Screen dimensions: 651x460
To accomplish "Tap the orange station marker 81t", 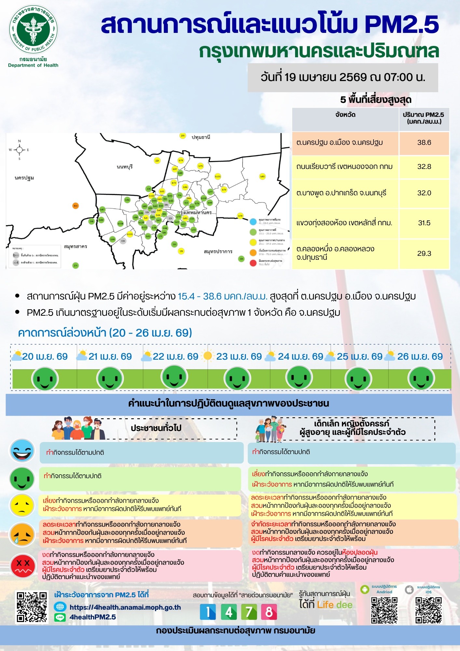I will coord(75,206).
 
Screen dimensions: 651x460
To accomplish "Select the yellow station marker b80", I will coord(263,176).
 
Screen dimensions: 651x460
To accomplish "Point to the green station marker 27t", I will coord(75,265).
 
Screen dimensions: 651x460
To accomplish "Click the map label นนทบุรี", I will coord(125,167).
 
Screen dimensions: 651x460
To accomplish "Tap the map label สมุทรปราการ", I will coord(218,251).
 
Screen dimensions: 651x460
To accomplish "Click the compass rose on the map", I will coord(19,150).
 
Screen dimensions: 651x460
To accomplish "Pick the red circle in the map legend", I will coord(253,263).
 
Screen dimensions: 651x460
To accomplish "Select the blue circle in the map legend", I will coord(253,222).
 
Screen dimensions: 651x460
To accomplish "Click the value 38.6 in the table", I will coord(424,143).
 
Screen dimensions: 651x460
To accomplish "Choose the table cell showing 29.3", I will coord(424,253).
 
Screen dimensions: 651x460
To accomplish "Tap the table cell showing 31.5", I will coord(424,223).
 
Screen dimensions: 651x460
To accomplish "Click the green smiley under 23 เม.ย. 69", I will coord(237,379).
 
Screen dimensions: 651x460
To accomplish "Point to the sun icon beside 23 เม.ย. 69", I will coord(208,356).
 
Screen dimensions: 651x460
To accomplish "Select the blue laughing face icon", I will coord(22,451).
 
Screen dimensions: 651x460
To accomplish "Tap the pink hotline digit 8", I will coord(269,612).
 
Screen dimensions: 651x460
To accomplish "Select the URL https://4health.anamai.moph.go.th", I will coord(125,607).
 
